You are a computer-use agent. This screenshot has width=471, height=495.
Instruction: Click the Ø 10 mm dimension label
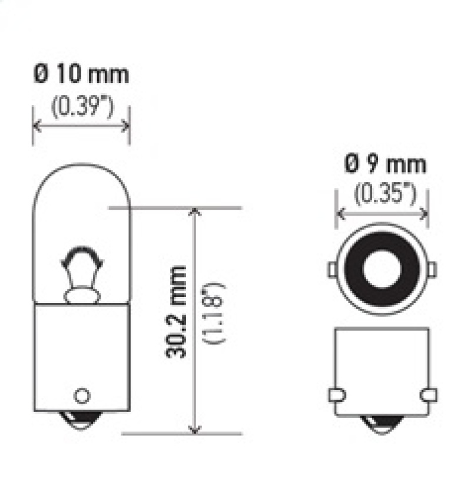pos(81,75)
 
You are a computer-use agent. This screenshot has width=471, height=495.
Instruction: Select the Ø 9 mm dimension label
pos(385,164)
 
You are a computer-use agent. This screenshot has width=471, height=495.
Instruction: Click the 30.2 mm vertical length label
pos(177,313)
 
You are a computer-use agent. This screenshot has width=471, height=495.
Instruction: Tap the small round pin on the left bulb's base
pos(81,394)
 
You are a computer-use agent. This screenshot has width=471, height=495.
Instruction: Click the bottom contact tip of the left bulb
pos(81,419)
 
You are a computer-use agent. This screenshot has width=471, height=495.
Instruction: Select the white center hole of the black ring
pos(380,269)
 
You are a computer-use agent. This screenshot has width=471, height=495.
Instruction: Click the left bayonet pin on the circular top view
pos(333,269)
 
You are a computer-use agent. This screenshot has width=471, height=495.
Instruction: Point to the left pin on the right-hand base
pos(336,394)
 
